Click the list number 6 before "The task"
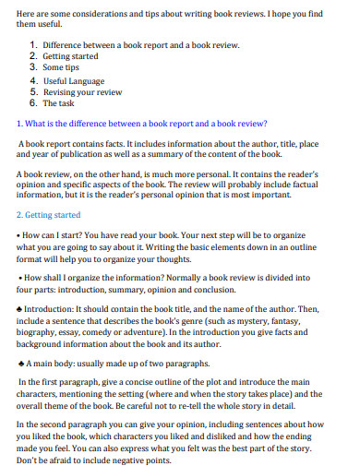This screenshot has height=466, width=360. point(34,103)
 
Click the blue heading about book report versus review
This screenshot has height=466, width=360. point(143,123)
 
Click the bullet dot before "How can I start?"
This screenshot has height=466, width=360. point(20,235)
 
